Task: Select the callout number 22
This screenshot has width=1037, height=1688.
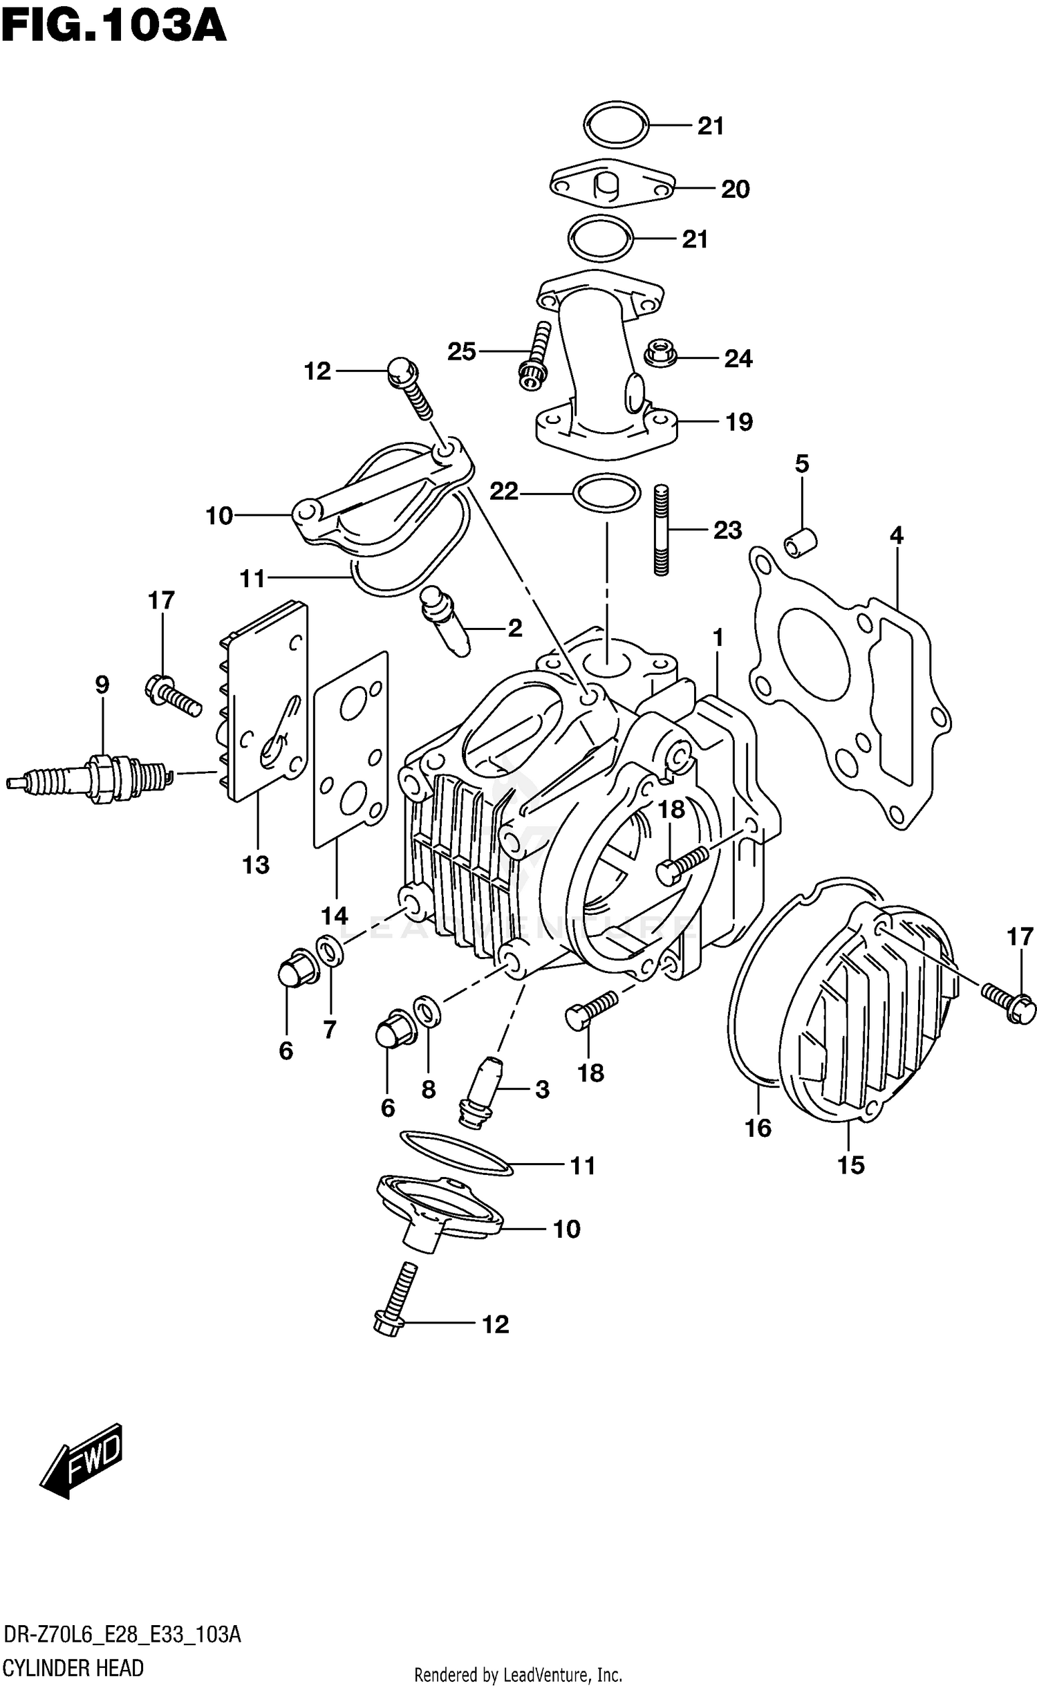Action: point(503,491)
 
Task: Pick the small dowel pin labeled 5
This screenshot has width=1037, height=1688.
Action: point(801,541)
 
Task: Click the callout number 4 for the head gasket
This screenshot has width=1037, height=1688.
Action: point(896,535)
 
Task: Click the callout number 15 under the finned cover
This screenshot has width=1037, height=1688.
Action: point(850,1165)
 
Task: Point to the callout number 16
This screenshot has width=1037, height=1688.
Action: point(758,1128)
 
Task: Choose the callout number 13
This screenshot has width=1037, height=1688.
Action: point(255,864)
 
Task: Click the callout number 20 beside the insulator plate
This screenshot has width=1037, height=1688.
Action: point(735,189)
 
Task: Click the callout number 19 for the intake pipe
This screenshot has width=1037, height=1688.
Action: point(739,422)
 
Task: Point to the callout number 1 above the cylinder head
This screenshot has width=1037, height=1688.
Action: point(718,637)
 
